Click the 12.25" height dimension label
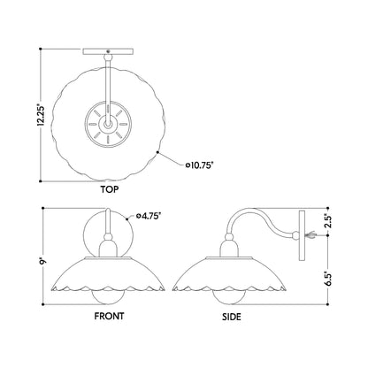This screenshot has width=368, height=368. click(x=41, y=114)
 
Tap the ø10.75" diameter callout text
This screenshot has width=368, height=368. click(x=199, y=165)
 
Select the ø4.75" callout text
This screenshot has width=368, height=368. click(x=149, y=216)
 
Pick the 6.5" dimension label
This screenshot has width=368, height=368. click(x=328, y=278)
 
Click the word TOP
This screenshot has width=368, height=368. click(x=110, y=189)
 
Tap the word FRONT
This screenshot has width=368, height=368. click(x=109, y=316)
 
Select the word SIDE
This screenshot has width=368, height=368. click(x=232, y=317)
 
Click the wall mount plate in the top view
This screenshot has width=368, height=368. click(x=108, y=51)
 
